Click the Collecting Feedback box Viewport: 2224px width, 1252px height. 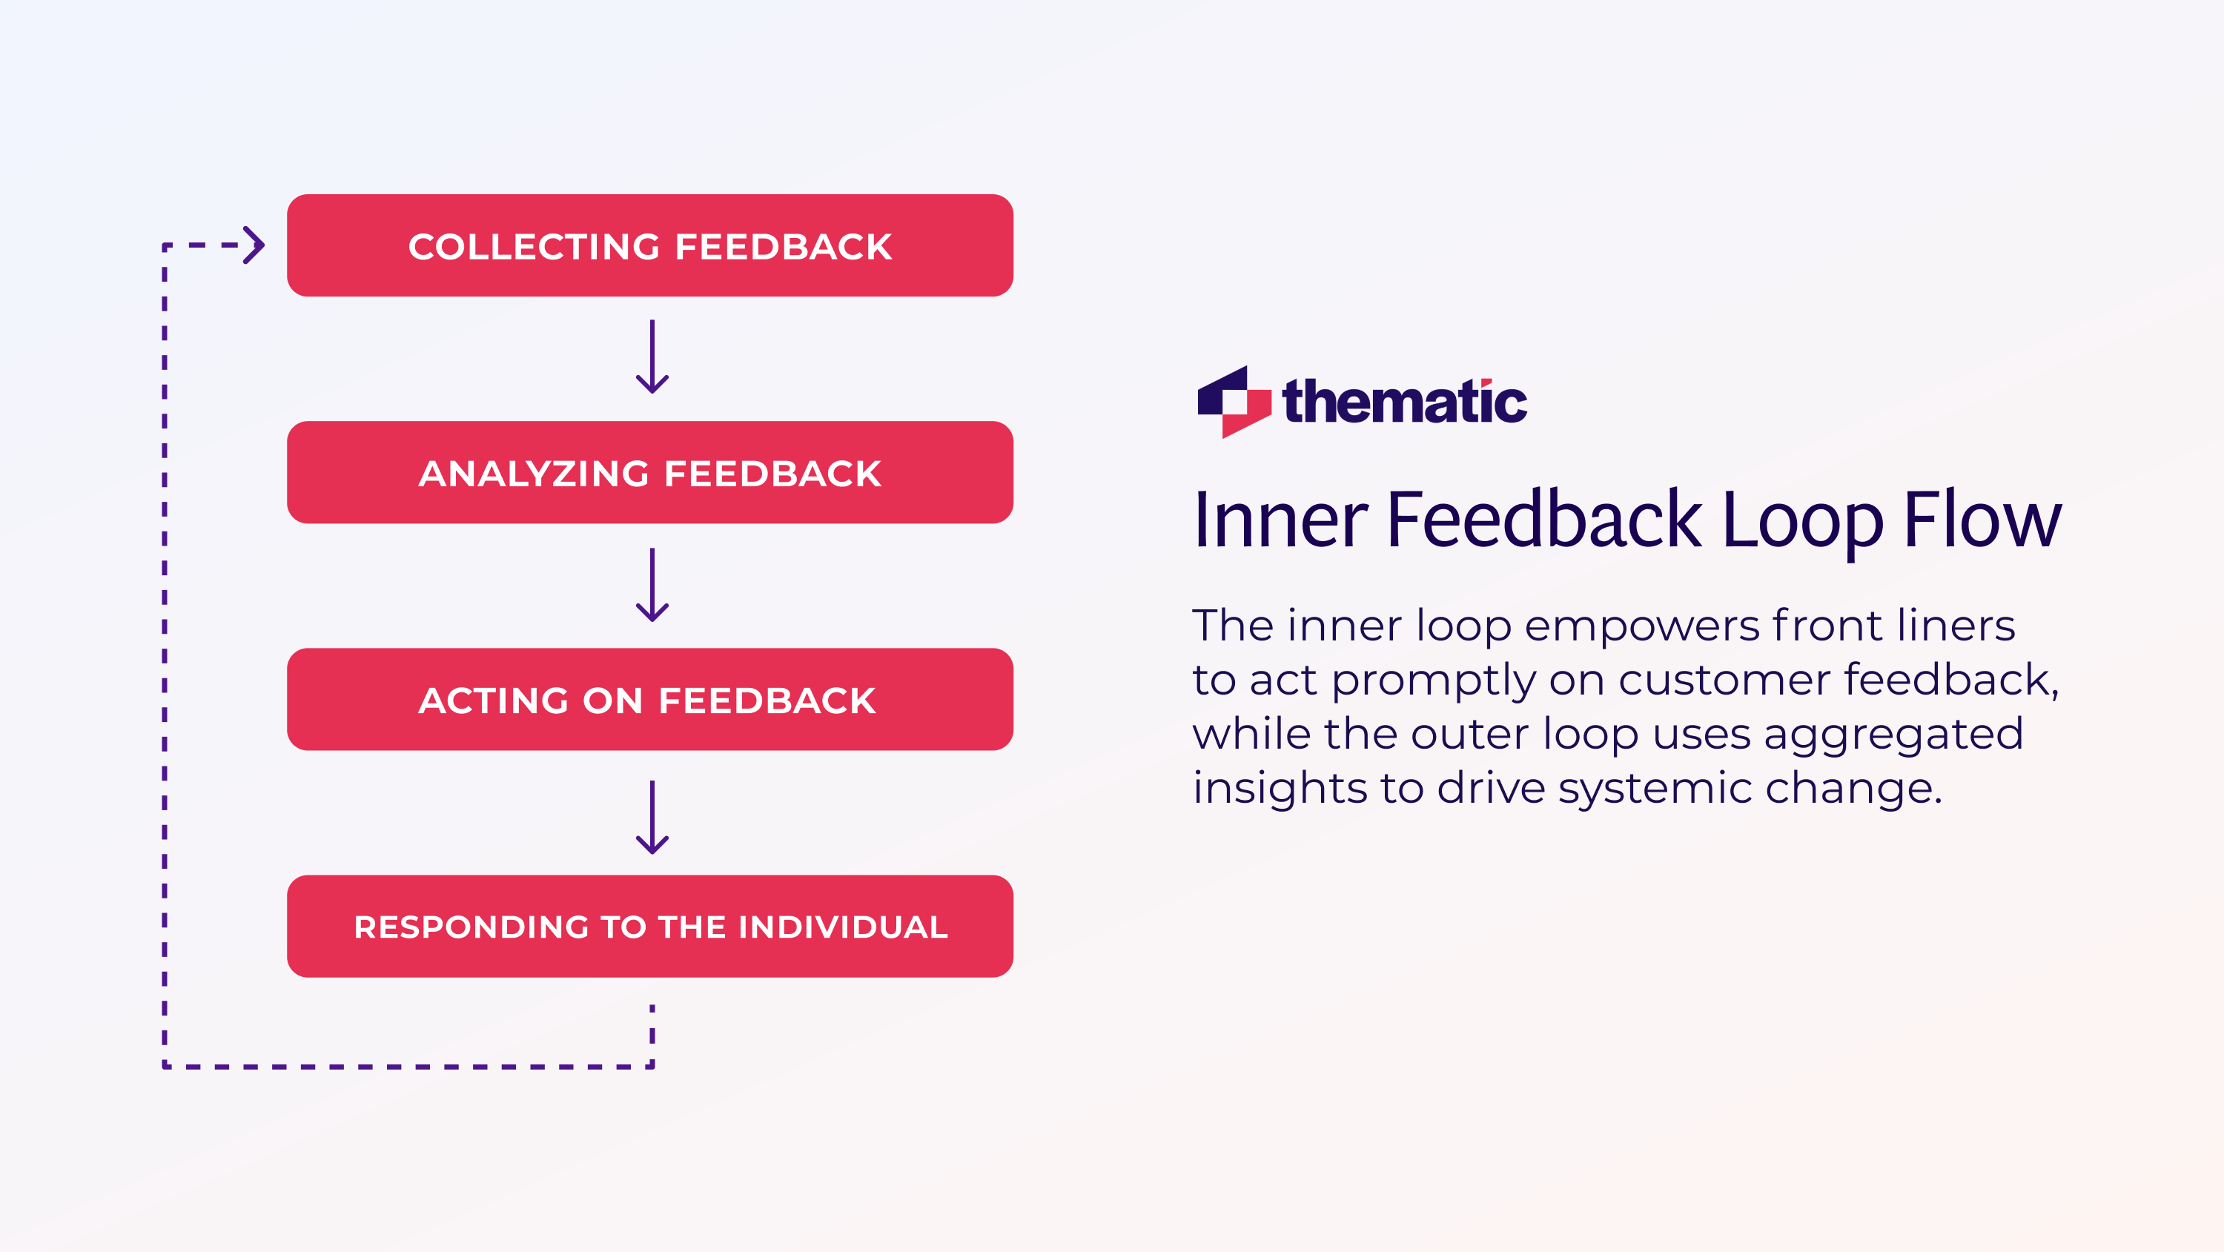click(x=649, y=245)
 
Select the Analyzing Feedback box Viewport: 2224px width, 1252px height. click(x=649, y=472)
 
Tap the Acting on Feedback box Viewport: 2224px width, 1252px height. click(x=649, y=700)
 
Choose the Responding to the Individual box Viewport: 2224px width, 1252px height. click(x=649, y=927)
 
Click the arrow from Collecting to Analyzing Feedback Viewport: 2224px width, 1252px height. click(x=652, y=357)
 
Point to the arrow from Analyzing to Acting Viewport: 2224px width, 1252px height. click(x=652, y=586)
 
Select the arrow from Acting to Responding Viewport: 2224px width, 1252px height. click(x=652, y=818)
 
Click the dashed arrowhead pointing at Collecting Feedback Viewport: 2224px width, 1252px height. click(x=254, y=245)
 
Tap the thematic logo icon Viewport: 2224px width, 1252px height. click(x=1234, y=403)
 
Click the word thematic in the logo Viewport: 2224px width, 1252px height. click(x=1405, y=403)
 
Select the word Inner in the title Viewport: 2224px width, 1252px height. click(x=1280, y=520)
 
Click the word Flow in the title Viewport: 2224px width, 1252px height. click(x=1982, y=520)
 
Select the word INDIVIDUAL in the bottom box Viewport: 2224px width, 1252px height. click(x=843, y=927)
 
